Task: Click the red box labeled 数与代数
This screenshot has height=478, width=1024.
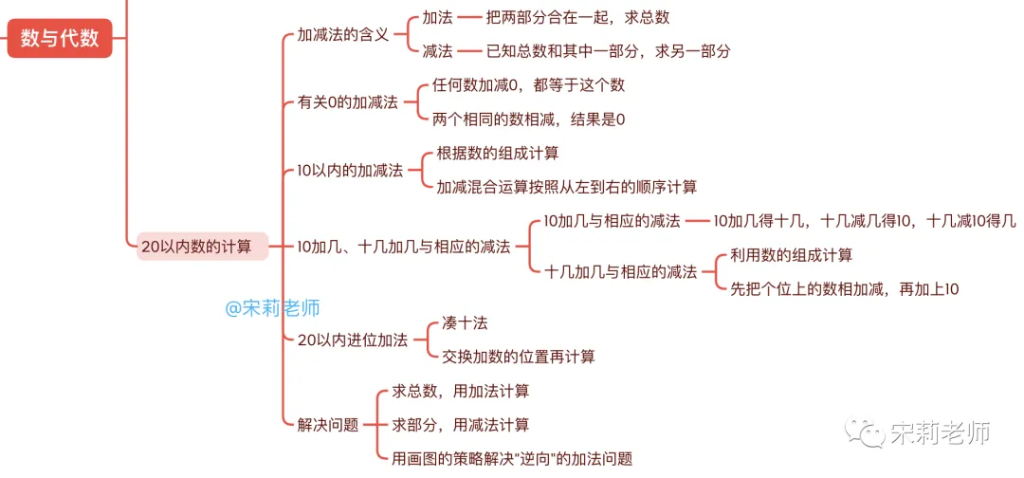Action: click(x=60, y=39)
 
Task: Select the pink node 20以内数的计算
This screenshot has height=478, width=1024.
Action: click(x=196, y=247)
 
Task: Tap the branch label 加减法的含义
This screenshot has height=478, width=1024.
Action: click(x=343, y=34)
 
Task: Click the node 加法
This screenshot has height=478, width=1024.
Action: click(x=437, y=18)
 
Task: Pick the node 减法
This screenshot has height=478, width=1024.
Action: click(x=437, y=51)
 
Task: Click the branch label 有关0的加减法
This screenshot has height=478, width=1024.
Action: click(x=347, y=101)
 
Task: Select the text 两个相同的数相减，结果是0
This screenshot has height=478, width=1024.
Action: click(x=528, y=119)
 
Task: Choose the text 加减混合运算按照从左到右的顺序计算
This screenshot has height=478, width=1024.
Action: click(x=566, y=187)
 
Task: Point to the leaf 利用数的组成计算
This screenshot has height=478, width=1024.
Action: click(x=791, y=255)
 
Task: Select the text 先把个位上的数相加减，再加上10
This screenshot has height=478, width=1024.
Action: click(x=844, y=289)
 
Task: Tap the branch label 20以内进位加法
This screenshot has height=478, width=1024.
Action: click(x=352, y=340)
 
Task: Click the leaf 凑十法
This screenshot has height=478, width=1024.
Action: click(x=465, y=322)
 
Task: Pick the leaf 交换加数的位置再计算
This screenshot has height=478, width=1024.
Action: click(x=518, y=357)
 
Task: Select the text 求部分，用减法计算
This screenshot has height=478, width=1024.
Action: click(x=460, y=425)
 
